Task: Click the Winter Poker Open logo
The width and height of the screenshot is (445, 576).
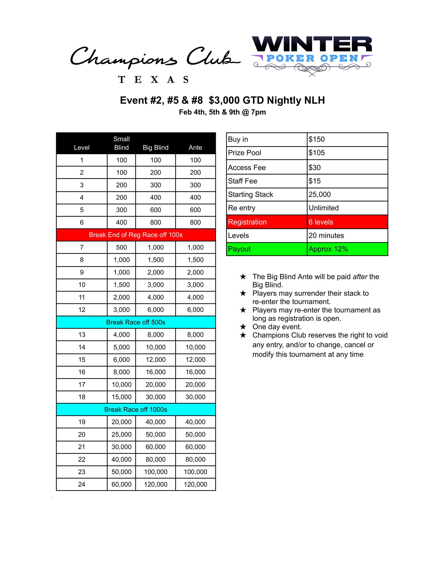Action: (312, 55)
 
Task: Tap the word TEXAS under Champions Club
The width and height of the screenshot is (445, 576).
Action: (153, 79)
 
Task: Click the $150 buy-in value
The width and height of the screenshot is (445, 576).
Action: (317, 139)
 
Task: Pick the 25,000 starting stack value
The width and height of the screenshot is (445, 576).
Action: (319, 194)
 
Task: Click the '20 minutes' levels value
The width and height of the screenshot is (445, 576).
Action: (326, 235)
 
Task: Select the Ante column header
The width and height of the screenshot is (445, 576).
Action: (195, 147)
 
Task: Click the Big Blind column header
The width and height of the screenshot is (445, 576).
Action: (155, 147)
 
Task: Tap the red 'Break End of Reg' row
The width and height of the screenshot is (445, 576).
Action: (136, 235)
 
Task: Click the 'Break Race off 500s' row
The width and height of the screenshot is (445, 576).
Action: (136, 322)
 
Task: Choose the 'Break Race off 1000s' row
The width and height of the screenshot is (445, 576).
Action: (136, 409)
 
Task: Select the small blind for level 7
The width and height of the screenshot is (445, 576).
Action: (121, 247)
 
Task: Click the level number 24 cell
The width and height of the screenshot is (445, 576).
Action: (81, 484)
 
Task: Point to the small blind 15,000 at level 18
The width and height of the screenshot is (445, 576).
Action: (121, 397)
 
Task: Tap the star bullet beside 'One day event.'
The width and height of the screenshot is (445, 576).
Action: (243, 327)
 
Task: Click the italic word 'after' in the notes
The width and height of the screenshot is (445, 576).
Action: (360, 277)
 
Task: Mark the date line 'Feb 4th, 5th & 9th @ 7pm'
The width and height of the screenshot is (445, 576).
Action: (222, 112)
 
